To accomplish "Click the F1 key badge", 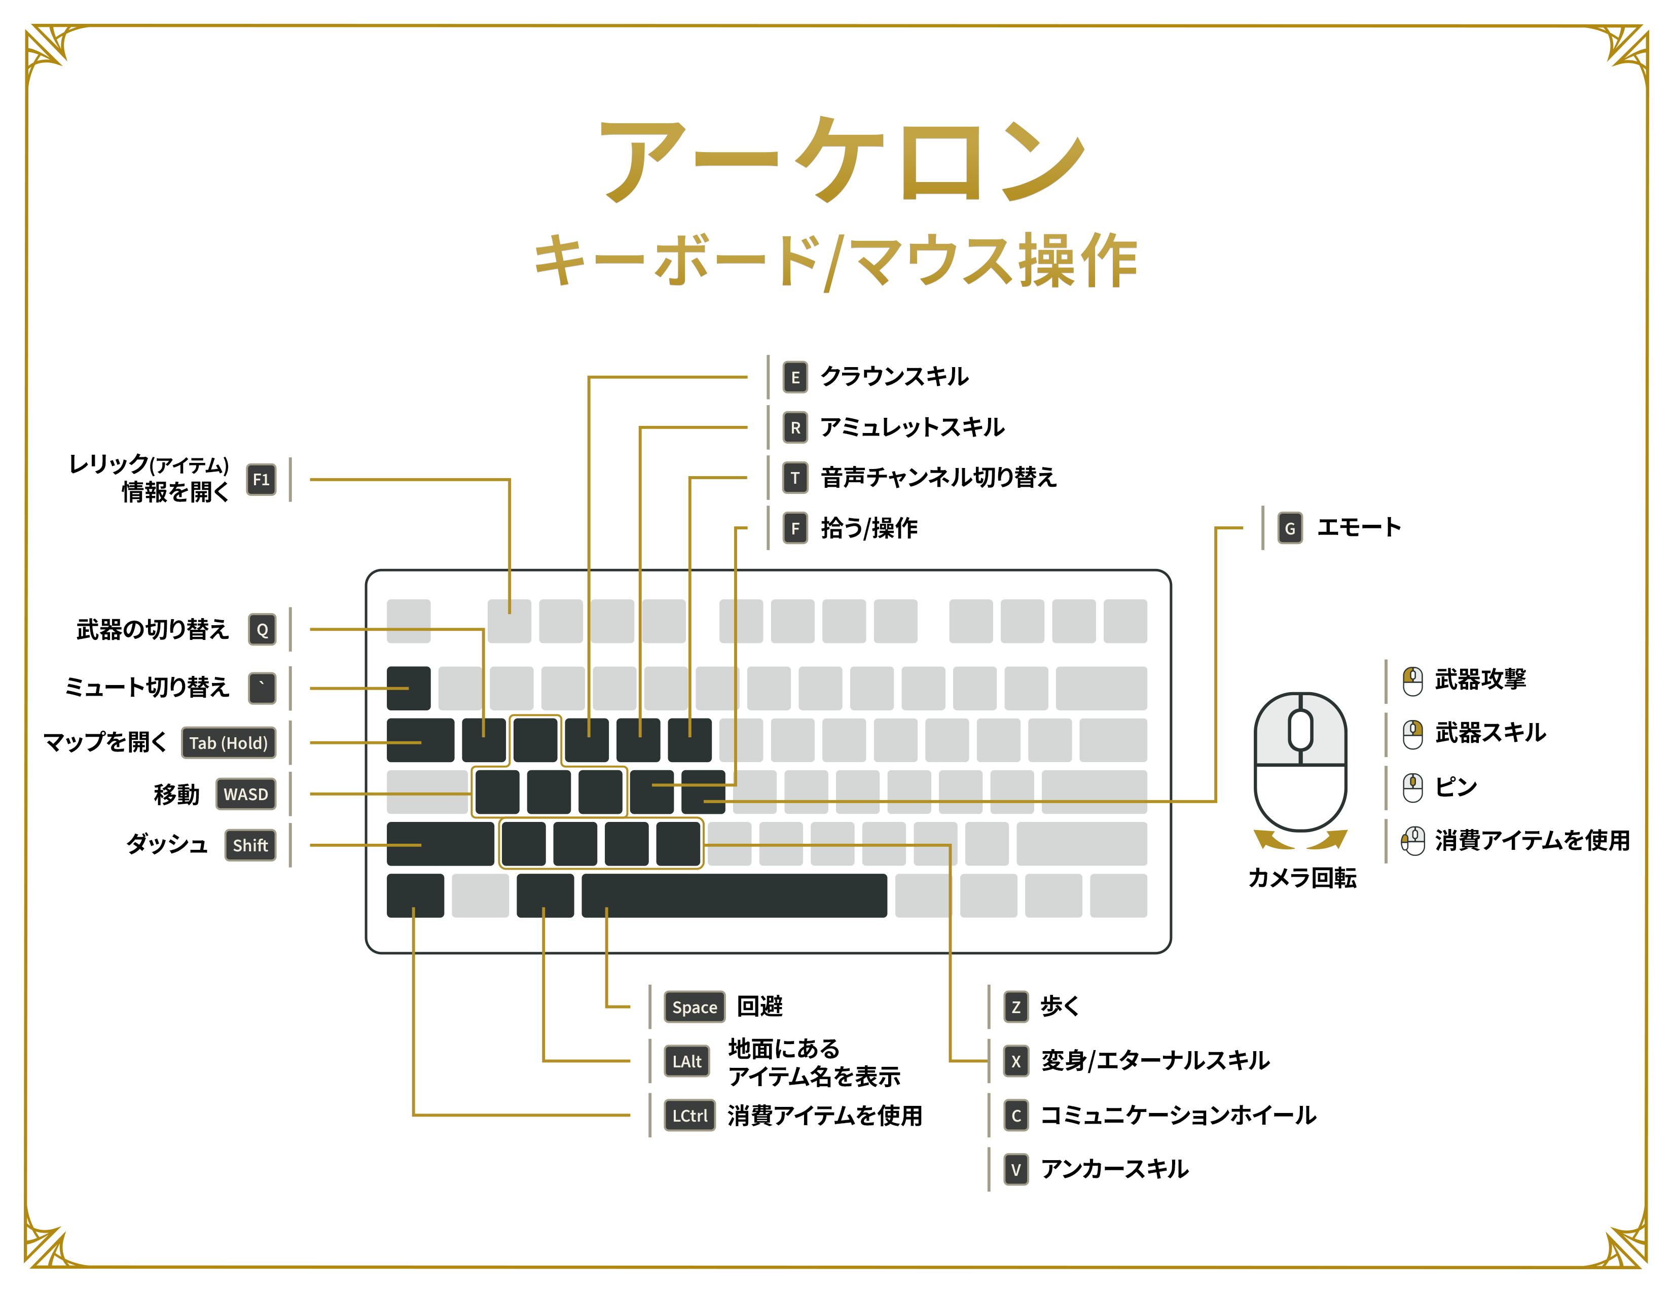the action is pyautogui.click(x=261, y=480).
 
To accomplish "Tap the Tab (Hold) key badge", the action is pyautogui.click(x=228, y=742).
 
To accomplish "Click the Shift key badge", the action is pyautogui.click(x=250, y=845).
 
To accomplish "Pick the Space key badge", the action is pyautogui.click(x=694, y=1007).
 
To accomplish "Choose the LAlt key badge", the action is pyautogui.click(x=686, y=1061).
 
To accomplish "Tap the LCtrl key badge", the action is pyautogui.click(x=689, y=1116).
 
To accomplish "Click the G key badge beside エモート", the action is pyautogui.click(x=1290, y=528).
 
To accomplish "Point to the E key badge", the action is pyautogui.click(x=795, y=377).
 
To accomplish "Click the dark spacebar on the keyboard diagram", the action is pyautogui.click(x=734, y=895).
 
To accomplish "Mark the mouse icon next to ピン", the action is pyautogui.click(x=1412, y=786).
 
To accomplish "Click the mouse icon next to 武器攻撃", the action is pyautogui.click(x=1412, y=680).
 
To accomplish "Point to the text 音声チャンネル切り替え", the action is pyautogui.click(x=938, y=477).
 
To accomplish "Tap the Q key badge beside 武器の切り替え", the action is pyautogui.click(x=262, y=630).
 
